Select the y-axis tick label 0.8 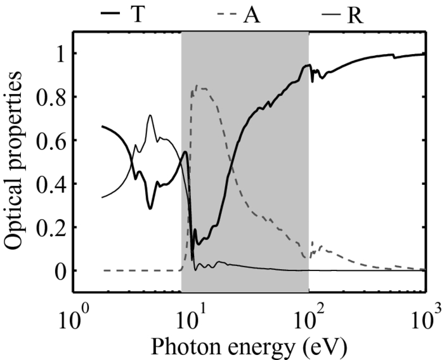click(x=51, y=97)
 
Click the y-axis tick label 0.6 click(x=51, y=140)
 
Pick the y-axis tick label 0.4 click(x=51, y=184)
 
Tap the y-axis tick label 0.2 click(x=51, y=227)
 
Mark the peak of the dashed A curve click(x=197, y=86)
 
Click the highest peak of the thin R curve click(x=150, y=115)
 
